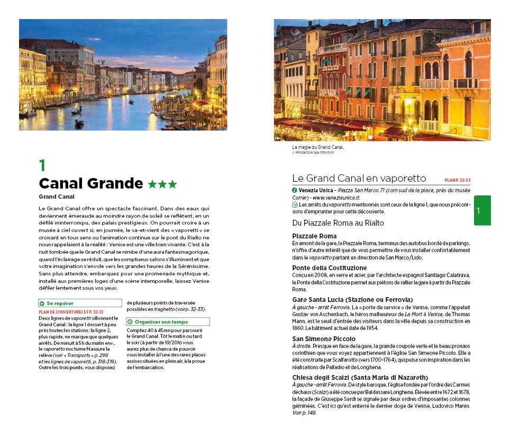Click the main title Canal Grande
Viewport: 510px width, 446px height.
[90, 184]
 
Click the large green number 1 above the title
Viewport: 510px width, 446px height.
[42, 165]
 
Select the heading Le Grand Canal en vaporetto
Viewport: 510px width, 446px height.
[359, 178]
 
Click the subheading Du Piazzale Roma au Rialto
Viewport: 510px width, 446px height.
[338, 222]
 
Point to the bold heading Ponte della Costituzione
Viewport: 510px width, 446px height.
[329, 267]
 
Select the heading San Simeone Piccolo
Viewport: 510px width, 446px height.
[324, 338]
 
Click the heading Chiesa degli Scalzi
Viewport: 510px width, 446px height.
[360, 377]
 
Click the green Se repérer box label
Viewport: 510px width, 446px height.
[60, 304]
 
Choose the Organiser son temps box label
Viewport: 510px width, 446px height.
[161, 322]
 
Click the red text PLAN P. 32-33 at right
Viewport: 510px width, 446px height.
[457, 180]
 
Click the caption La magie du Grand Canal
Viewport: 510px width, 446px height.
[318, 147]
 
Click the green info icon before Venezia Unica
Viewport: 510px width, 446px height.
[295, 190]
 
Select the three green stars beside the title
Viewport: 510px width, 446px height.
[162, 184]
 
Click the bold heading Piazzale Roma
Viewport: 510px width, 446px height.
[314, 236]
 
